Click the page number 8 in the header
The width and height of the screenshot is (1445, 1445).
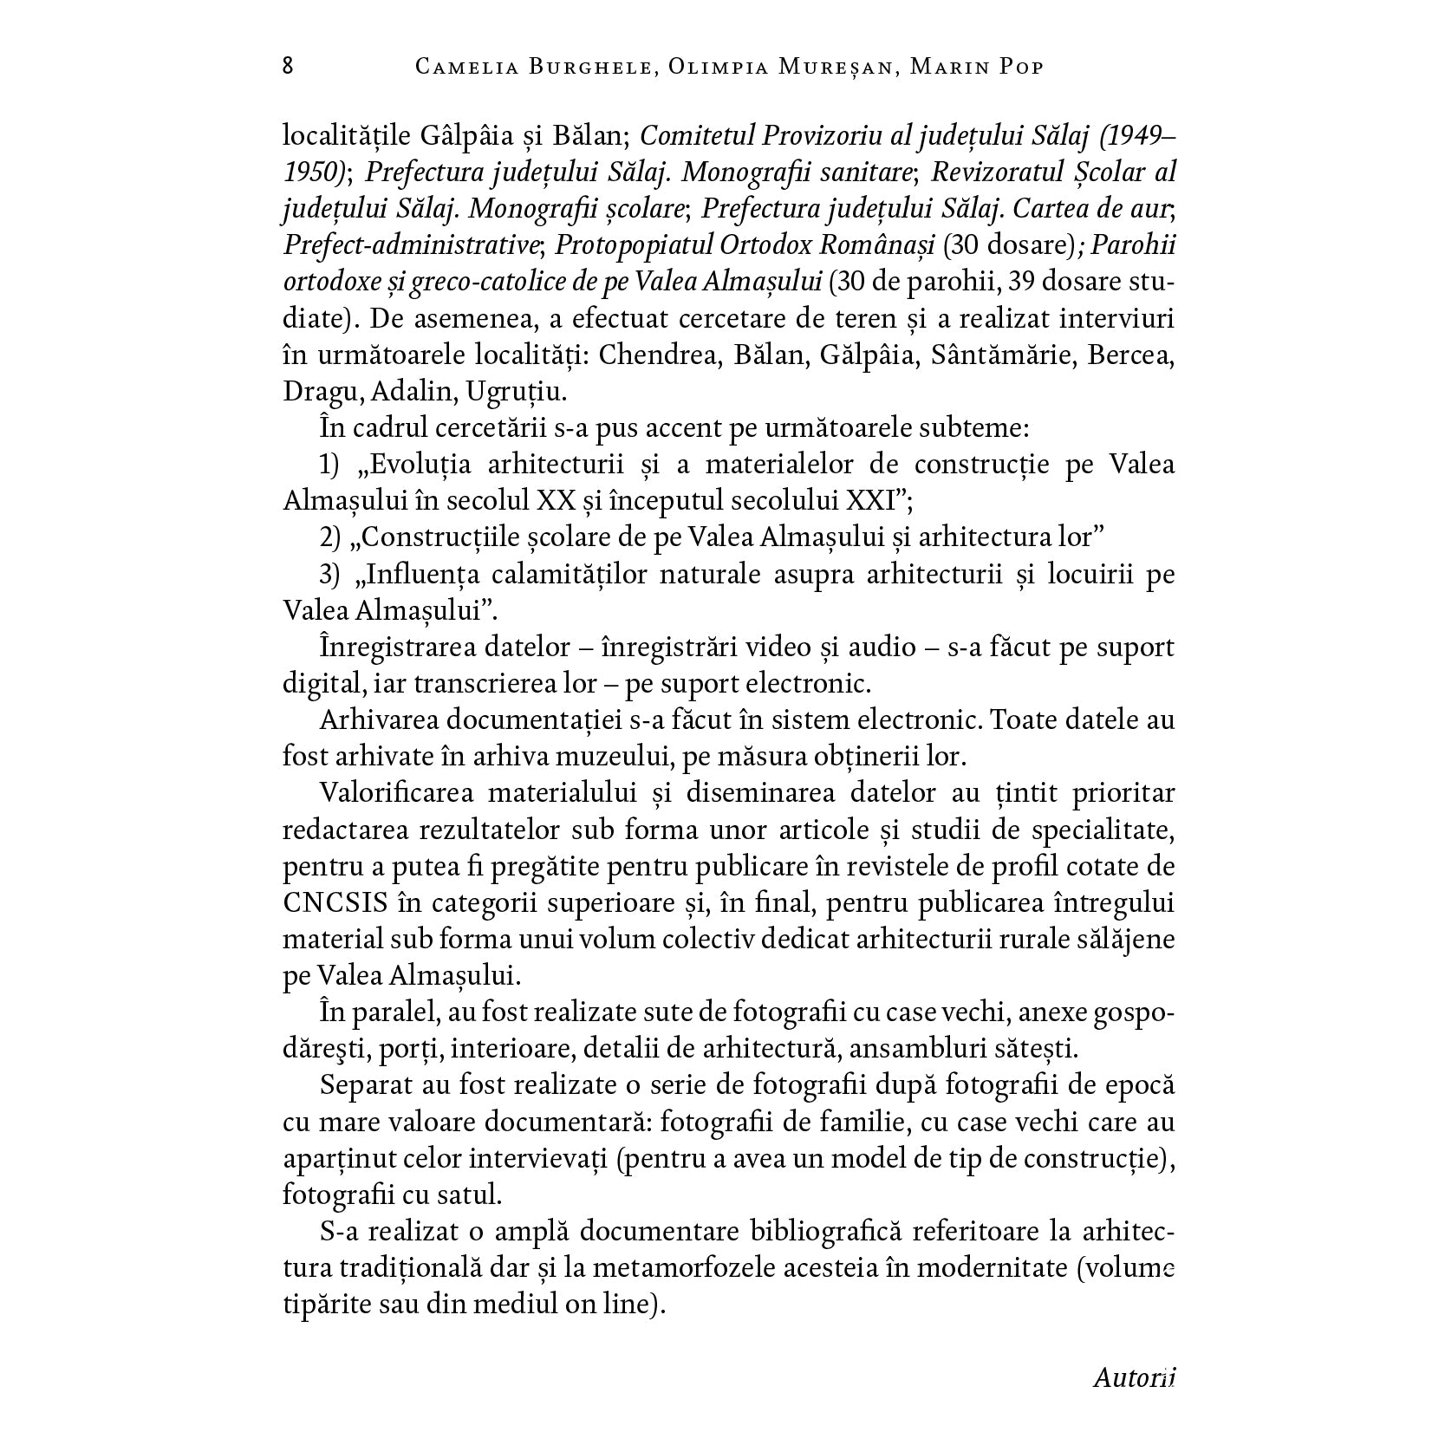288,67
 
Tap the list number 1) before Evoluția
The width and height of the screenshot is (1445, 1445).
331,465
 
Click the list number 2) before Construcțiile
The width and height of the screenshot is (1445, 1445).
331,538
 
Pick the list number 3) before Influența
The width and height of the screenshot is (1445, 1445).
331,575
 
